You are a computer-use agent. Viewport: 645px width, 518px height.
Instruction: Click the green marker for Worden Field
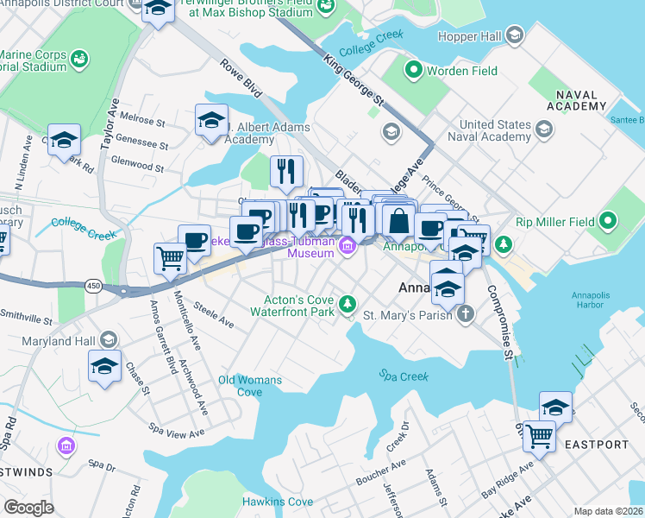[414, 70]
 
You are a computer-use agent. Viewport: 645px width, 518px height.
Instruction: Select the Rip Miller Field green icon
[611, 221]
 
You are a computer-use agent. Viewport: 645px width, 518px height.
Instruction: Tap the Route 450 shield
[92, 285]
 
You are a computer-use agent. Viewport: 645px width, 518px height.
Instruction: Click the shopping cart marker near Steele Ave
[170, 257]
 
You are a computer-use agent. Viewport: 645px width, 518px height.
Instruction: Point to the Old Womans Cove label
[250, 386]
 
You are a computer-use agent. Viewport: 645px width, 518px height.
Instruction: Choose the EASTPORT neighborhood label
[598, 445]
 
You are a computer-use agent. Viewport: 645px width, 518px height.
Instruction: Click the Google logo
[29, 507]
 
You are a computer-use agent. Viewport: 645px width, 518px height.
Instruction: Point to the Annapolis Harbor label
[594, 300]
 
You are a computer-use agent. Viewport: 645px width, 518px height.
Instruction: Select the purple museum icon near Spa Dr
[66, 445]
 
